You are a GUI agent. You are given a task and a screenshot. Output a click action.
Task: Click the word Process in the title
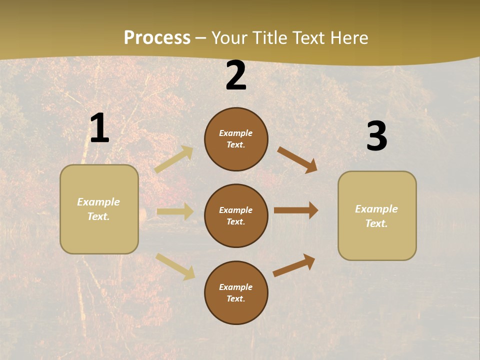point(157,38)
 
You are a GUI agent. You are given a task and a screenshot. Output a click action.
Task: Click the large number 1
point(99,128)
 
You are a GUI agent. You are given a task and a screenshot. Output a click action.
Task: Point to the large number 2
point(236,75)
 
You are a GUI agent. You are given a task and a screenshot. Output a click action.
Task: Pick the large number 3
point(376,136)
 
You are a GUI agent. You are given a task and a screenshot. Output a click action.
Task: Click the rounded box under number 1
point(99,209)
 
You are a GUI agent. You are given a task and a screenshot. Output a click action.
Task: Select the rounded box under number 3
point(377,216)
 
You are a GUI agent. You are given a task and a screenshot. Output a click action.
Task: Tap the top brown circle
point(236,139)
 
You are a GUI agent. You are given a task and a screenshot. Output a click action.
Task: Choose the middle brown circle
point(236,215)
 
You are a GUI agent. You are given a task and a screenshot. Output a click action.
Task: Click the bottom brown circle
point(236,292)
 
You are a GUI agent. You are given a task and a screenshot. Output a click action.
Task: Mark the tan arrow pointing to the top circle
point(174,159)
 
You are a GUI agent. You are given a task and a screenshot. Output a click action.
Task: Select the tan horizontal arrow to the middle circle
point(175,211)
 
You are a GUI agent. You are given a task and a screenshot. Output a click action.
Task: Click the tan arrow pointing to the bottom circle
point(175,266)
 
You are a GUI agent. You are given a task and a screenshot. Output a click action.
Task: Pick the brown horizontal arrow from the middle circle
point(296,210)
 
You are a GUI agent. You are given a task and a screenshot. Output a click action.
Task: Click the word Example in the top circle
point(236,133)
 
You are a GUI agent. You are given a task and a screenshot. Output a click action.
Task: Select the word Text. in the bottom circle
point(236,298)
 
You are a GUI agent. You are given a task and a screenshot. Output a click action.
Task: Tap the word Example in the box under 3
point(376,209)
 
